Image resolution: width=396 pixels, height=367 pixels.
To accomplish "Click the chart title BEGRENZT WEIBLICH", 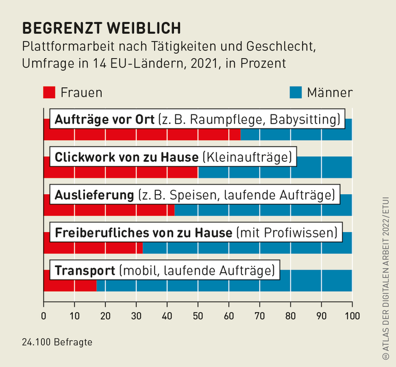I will tap(101, 27).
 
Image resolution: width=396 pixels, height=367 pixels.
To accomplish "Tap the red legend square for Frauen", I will tap(49, 92).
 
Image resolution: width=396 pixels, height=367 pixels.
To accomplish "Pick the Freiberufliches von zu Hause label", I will tap(196, 233).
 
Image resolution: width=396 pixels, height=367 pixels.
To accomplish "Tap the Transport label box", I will tap(164, 271).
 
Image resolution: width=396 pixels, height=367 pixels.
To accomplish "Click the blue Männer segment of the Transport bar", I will tap(315, 281).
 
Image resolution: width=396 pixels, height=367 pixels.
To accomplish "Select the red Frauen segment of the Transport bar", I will tap(70, 285).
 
